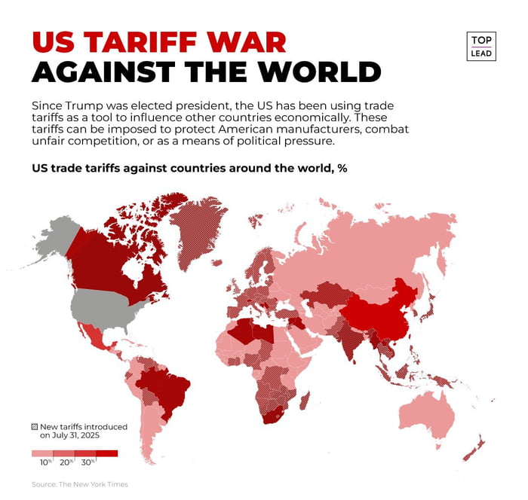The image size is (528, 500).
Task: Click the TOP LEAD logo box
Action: point(480,46)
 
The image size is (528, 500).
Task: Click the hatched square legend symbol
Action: point(34,427)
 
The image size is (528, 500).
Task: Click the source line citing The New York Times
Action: point(80,483)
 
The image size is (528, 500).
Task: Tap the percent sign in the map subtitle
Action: point(342,168)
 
